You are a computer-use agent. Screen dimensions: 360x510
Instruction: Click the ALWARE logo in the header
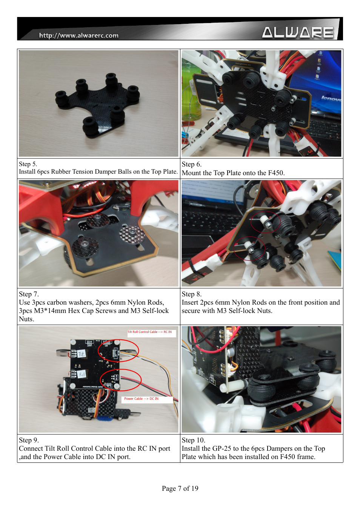tap(298, 32)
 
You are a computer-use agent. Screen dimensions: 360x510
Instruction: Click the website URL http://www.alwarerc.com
tap(79, 35)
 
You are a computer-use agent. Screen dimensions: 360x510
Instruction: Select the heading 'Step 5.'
tap(28, 164)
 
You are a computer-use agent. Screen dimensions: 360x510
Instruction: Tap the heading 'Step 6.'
tap(192, 164)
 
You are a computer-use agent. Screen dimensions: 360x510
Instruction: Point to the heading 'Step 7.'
tap(29, 294)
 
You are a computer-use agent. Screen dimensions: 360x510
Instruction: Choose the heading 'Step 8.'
tap(192, 294)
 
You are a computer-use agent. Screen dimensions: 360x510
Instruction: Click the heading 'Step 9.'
tap(29, 440)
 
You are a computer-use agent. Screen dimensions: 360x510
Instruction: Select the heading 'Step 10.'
tap(194, 440)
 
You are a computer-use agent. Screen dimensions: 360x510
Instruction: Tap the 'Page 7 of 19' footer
tap(180, 488)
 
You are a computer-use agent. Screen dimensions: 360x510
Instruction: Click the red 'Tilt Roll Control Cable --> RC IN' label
tap(149, 332)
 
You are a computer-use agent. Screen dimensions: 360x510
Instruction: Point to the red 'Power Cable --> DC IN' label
tap(141, 399)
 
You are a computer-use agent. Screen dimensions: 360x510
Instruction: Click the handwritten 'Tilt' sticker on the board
tap(81, 354)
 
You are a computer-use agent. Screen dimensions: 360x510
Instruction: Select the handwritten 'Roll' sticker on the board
tap(82, 374)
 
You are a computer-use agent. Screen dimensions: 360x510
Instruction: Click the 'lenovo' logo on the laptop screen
tap(331, 99)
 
